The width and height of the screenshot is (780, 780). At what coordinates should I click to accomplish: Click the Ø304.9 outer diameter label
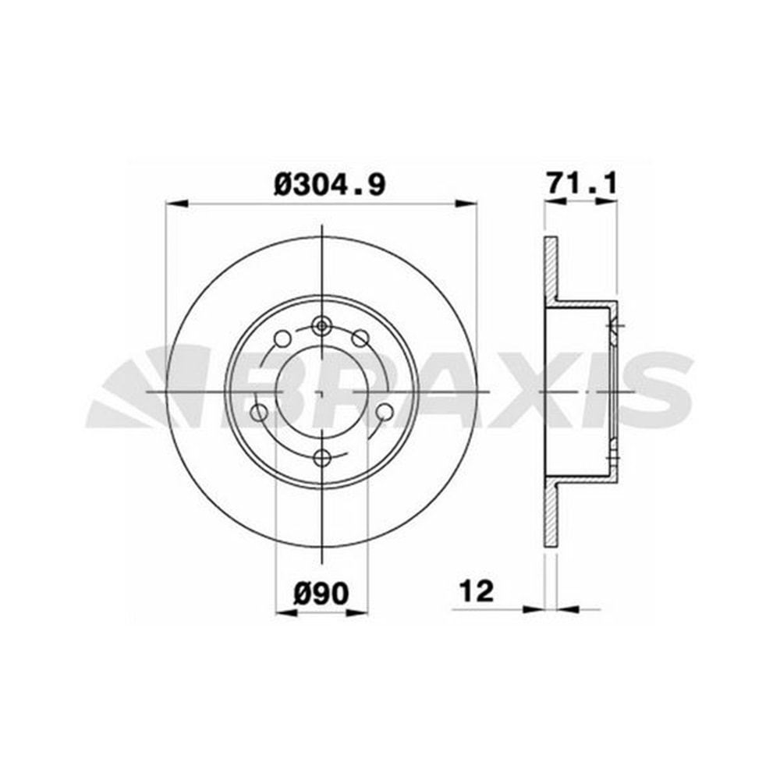pyautogui.click(x=329, y=185)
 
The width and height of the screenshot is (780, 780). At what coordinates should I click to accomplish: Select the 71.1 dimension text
pyautogui.click(x=582, y=183)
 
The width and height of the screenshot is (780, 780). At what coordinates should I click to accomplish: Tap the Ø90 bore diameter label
pyautogui.click(x=321, y=593)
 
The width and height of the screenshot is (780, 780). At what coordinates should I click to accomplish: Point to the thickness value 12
pyautogui.click(x=477, y=591)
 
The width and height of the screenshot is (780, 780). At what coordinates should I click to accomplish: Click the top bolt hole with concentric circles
pyautogui.click(x=322, y=326)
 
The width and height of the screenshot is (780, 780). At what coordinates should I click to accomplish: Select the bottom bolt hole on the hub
pyautogui.click(x=323, y=457)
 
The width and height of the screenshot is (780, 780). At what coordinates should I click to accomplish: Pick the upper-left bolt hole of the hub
pyautogui.click(x=282, y=339)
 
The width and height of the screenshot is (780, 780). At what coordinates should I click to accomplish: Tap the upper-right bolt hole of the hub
pyautogui.click(x=360, y=339)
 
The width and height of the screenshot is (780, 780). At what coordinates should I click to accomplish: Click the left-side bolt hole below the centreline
pyautogui.click(x=259, y=412)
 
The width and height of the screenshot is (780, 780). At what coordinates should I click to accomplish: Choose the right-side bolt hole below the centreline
pyautogui.click(x=385, y=412)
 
